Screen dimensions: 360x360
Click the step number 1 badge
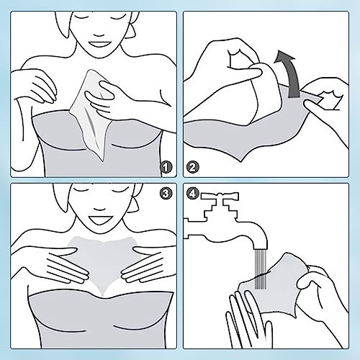(x=166, y=167)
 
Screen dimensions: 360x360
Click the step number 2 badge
(x=192, y=167)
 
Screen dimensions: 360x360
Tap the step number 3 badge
(x=166, y=194)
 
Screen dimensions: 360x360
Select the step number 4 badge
(x=193, y=194)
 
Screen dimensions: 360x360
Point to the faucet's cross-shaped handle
(x=220, y=197)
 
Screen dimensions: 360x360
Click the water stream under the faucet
(x=261, y=269)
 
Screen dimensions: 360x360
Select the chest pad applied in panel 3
(x=103, y=264)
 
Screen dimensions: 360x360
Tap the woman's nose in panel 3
(x=99, y=209)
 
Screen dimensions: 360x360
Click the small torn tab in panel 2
(x=331, y=100)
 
